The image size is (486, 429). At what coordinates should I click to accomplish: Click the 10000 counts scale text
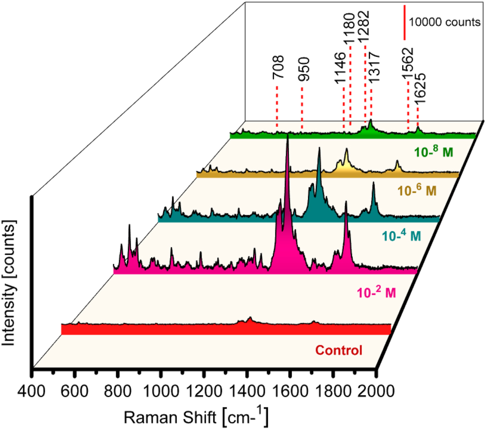[444, 22]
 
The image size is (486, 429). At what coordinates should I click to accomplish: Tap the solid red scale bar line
[404, 22]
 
